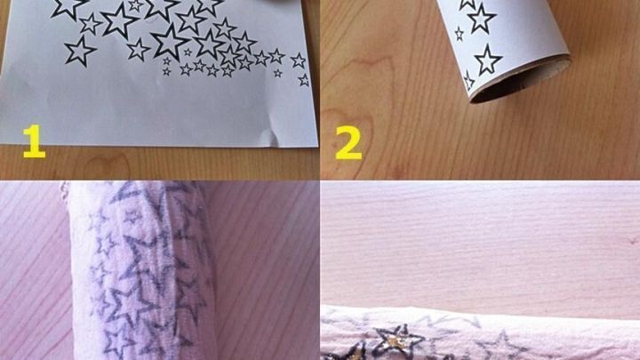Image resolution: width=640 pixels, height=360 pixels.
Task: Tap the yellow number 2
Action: (x=348, y=141)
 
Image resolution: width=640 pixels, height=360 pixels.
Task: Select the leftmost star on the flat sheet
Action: (x=79, y=51)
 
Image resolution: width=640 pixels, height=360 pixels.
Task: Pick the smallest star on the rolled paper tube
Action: (x=460, y=34)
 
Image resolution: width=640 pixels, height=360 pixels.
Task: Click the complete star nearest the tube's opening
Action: (x=487, y=60)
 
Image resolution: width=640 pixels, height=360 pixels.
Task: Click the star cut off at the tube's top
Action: (x=468, y=4)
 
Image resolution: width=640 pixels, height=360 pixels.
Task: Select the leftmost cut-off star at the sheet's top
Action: (x=68, y=8)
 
